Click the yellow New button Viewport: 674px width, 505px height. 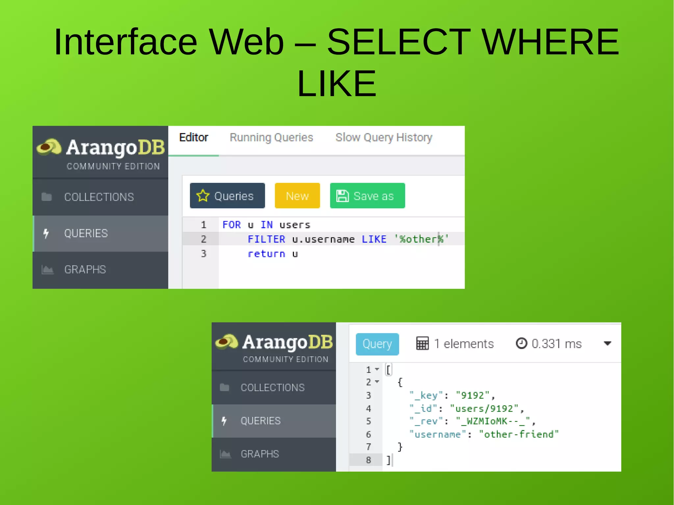[x=297, y=196]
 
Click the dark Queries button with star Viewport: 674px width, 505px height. [x=227, y=196]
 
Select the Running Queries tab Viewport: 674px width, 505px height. [x=271, y=138]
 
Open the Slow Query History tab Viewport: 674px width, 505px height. [x=384, y=138]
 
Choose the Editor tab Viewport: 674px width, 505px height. [x=194, y=138]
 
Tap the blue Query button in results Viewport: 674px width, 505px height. [x=377, y=344]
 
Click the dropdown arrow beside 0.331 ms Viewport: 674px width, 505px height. [x=608, y=343]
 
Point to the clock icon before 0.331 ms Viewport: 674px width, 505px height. [x=521, y=343]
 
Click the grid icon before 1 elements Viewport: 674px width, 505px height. [x=422, y=343]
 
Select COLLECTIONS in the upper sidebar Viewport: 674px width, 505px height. [x=99, y=197]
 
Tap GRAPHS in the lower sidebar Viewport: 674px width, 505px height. [x=260, y=454]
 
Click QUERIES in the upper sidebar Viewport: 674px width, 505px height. [x=86, y=233]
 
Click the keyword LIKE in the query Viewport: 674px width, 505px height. [x=374, y=239]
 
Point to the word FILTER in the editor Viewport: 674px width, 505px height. [x=266, y=239]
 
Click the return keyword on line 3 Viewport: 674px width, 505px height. [x=266, y=254]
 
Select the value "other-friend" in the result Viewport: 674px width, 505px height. [x=519, y=435]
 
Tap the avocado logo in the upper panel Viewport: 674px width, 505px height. [x=49, y=147]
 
